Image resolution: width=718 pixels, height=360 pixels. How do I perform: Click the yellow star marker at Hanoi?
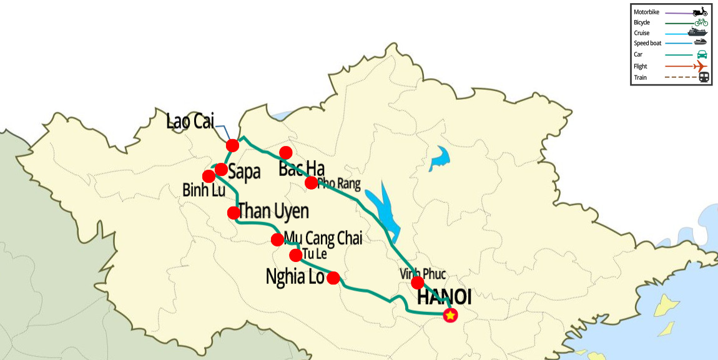pos(450,316)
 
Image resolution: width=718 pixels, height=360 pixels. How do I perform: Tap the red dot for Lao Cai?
pos(232,145)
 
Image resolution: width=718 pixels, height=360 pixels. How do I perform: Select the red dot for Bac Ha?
pos(286,152)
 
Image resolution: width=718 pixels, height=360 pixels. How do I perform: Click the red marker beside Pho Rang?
pos(311,183)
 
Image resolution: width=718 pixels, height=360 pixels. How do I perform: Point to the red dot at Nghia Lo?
pos(333,278)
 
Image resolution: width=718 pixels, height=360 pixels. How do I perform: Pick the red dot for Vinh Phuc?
pos(418,283)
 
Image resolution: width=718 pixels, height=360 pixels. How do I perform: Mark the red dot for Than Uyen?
pos(234,212)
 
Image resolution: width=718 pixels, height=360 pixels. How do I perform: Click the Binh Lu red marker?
pos(209,176)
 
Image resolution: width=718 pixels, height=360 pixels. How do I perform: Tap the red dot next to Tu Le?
pos(296,255)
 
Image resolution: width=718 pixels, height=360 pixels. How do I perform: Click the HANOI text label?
pos(444,298)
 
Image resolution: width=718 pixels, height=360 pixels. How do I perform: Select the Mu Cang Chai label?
pos(323,238)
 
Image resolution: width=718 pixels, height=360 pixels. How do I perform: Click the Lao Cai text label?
pos(190,122)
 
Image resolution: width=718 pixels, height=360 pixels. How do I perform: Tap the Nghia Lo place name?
pos(295,276)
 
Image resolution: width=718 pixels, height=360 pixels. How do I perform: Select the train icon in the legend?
pos(704,77)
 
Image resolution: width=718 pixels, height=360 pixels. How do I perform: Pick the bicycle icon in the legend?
pos(701,22)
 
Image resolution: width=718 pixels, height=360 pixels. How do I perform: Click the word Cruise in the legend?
pos(642,33)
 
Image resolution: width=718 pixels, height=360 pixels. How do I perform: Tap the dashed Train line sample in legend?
pos(679,77)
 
